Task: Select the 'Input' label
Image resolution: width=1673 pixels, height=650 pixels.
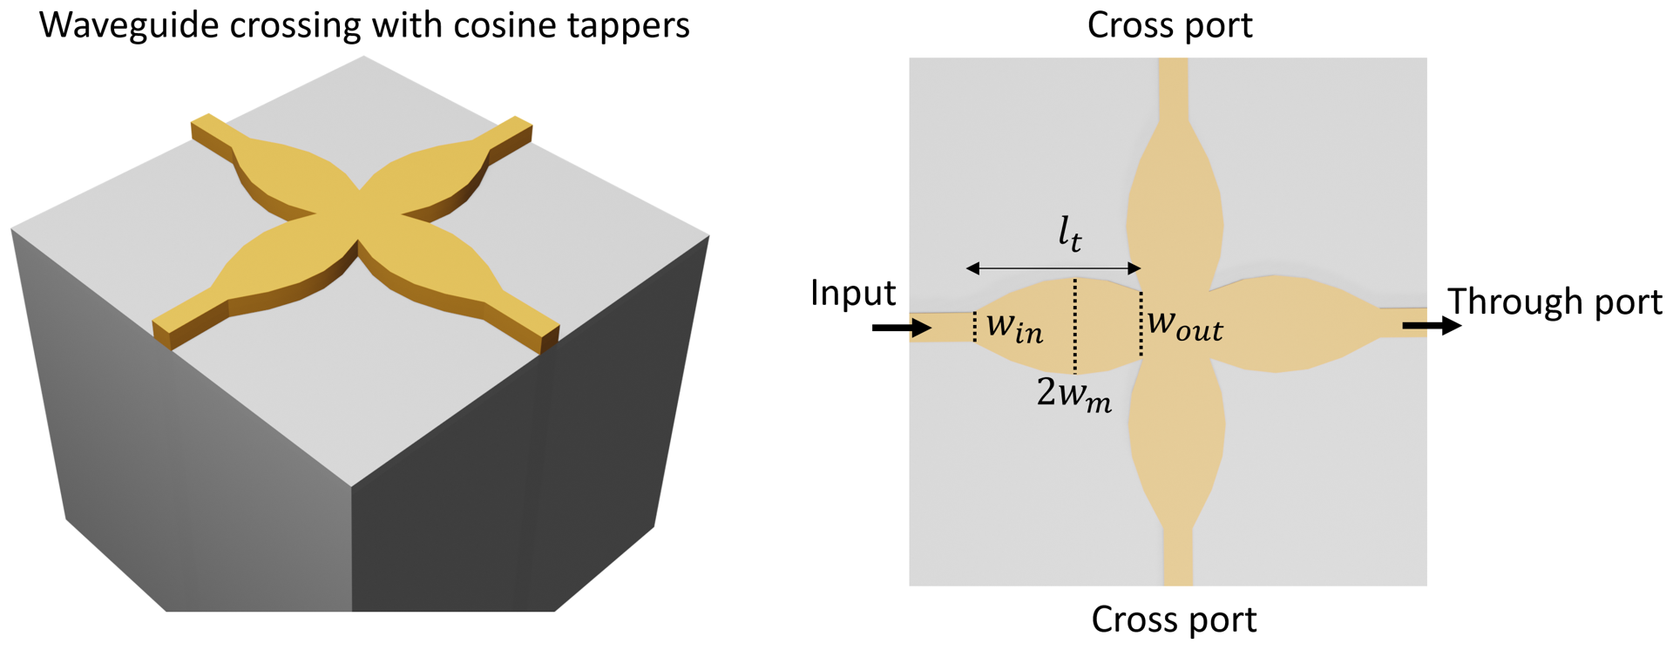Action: tap(852, 293)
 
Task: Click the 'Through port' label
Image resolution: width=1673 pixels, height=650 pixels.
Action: tap(1554, 301)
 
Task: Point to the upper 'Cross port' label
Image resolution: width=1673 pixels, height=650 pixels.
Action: tap(1169, 24)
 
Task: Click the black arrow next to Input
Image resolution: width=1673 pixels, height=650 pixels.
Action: tap(902, 328)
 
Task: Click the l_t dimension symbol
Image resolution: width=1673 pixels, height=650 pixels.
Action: tap(1070, 234)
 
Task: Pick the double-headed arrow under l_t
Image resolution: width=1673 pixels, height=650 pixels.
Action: tap(1053, 268)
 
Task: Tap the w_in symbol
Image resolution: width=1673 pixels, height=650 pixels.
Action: tap(1014, 328)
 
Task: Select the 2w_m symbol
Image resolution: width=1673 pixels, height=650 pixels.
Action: tap(1074, 394)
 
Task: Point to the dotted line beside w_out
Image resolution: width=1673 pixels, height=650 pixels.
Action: tap(1141, 324)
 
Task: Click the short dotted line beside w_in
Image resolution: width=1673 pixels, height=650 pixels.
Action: tap(974, 326)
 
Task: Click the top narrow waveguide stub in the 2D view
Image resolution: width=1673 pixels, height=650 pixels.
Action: tap(1174, 87)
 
